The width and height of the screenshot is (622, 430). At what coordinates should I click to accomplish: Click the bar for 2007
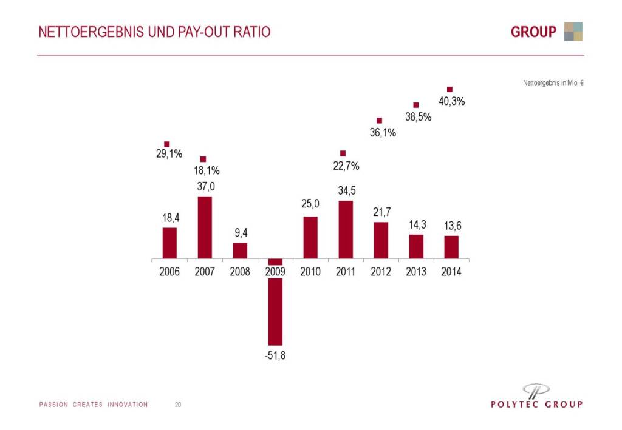pyautogui.click(x=205, y=227)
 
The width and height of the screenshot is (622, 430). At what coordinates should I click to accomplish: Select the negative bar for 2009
pyautogui.click(x=275, y=309)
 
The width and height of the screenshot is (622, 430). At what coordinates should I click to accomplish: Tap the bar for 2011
pyautogui.click(x=346, y=229)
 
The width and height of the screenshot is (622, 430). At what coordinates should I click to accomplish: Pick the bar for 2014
pyautogui.click(x=451, y=247)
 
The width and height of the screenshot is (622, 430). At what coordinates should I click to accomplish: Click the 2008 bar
pyautogui.click(x=240, y=250)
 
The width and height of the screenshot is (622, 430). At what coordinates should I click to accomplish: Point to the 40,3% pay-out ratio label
pyautogui.click(x=451, y=102)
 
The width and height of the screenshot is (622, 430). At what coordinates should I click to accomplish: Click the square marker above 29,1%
pyautogui.click(x=167, y=144)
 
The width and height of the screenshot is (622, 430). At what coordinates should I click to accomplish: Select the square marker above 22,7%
pyautogui.click(x=343, y=153)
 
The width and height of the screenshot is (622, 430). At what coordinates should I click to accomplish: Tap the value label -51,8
pyautogui.click(x=275, y=355)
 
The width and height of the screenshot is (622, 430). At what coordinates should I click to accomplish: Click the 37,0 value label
pyautogui.click(x=205, y=187)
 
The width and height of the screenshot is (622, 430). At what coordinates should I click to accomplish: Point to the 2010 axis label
pyautogui.click(x=310, y=272)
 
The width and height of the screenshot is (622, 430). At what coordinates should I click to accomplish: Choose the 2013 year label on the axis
pyautogui.click(x=416, y=272)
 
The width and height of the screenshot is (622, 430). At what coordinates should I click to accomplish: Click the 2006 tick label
pyautogui.click(x=169, y=272)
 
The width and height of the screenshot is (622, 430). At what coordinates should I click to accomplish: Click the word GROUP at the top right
pyautogui.click(x=533, y=32)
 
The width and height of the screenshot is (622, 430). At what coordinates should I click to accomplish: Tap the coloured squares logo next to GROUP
pyautogui.click(x=573, y=32)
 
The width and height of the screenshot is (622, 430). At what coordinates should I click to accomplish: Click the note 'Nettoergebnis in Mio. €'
pyautogui.click(x=553, y=82)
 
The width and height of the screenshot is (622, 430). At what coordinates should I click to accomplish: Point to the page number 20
pyautogui.click(x=178, y=405)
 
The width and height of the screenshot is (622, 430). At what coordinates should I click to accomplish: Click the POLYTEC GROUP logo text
pyautogui.click(x=536, y=405)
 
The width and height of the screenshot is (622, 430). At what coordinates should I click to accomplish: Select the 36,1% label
pyautogui.click(x=383, y=133)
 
